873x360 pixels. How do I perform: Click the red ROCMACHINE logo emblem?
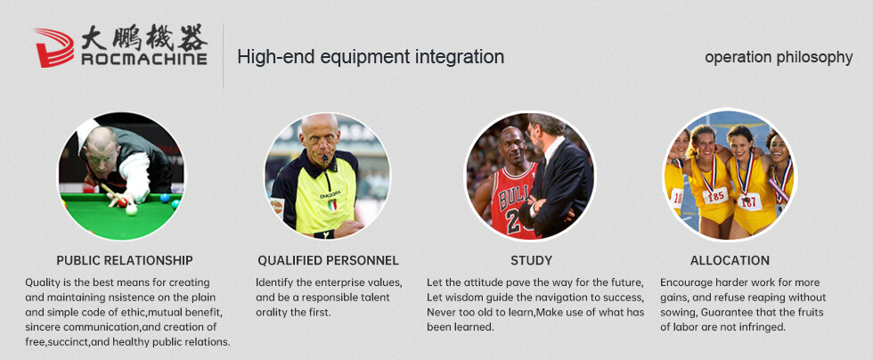(54, 47)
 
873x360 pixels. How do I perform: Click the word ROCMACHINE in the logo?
(144, 59)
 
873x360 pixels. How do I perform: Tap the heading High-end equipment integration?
(371, 56)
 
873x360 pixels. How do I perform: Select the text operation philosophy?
(779, 57)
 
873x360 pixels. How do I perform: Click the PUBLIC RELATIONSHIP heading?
(125, 260)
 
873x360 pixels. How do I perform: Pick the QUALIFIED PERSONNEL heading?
(328, 260)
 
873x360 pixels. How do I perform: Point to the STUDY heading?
(531, 260)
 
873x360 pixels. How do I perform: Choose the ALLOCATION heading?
(730, 260)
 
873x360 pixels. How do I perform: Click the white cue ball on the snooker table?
(132, 209)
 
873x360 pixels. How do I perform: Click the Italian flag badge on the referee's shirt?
(331, 205)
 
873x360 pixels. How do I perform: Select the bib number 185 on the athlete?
(715, 196)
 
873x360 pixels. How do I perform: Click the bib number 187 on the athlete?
(749, 201)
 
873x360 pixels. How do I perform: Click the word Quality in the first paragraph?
(43, 282)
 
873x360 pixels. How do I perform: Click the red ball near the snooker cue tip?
(123, 202)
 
